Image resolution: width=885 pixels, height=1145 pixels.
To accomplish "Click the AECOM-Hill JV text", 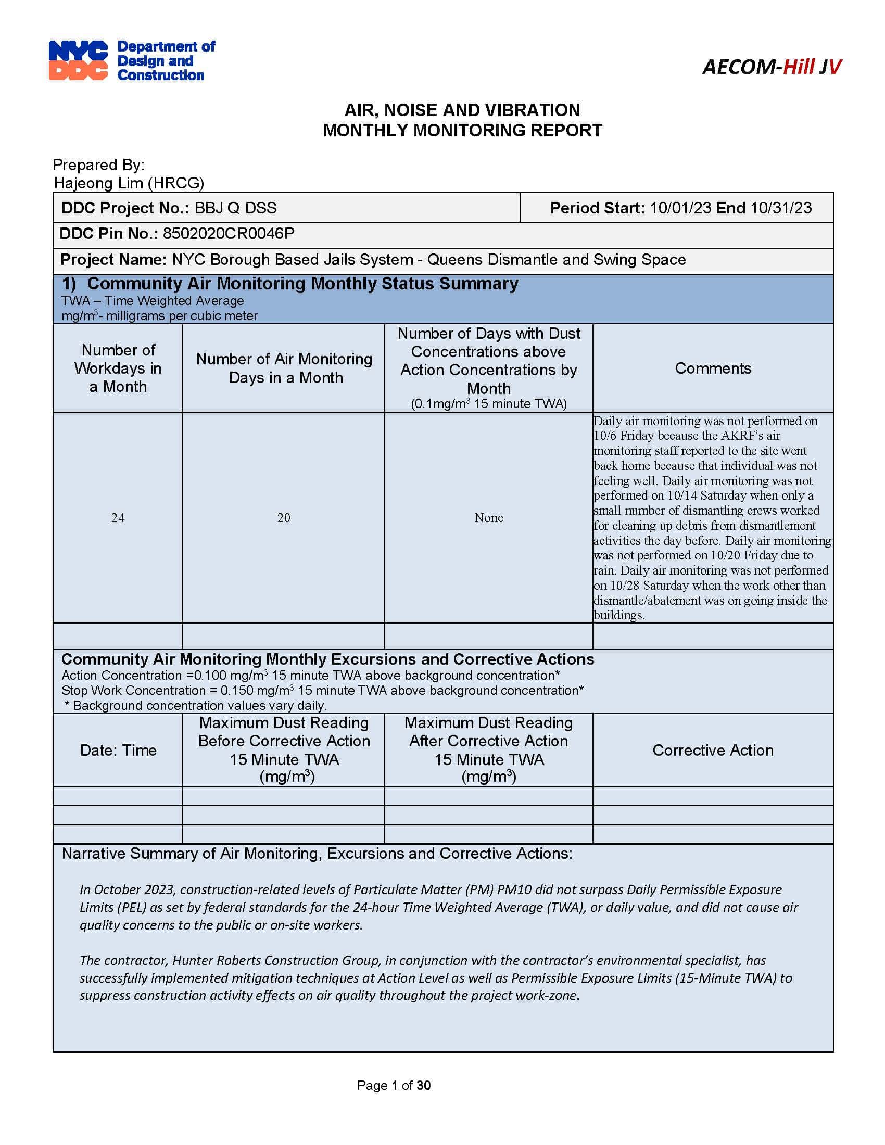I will pyautogui.click(x=771, y=67).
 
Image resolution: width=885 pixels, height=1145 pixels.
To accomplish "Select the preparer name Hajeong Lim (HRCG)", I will pyautogui.click(x=129, y=183).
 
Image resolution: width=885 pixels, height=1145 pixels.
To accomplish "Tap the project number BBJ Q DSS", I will pyautogui.click(x=235, y=208).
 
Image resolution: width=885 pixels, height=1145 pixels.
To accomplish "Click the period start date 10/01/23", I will pyautogui.click(x=680, y=208).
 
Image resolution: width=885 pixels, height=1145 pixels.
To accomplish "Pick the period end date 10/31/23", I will pyautogui.click(x=781, y=208).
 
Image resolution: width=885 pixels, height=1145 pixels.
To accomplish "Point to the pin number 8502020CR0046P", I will pyautogui.click(x=229, y=234).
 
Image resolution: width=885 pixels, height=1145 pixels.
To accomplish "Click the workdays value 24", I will pyautogui.click(x=118, y=518).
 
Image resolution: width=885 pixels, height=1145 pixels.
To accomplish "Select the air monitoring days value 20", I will pyautogui.click(x=284, y=518).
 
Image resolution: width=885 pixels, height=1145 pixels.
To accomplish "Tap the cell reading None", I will pyautogui.click(x=489, y=518).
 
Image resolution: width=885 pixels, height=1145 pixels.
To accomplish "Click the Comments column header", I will pyautogui.click(x=713, y=368).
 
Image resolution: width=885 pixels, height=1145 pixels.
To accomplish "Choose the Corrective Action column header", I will pyautogui.click(x=713, y=750).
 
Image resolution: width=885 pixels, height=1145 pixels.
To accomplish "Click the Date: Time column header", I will pyautogui.click(x=118, y=750).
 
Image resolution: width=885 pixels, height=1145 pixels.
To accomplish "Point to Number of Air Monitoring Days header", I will pyautogui.click(x=284, y=368).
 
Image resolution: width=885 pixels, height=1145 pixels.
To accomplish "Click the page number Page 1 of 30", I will pyautogui.click(x=393, y=1085).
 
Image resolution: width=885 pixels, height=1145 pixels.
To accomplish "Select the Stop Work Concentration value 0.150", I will pyautogui.click(x=236, y=691).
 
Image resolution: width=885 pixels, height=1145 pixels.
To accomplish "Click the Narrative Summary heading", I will pyautogui.click(x=317, y=854).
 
